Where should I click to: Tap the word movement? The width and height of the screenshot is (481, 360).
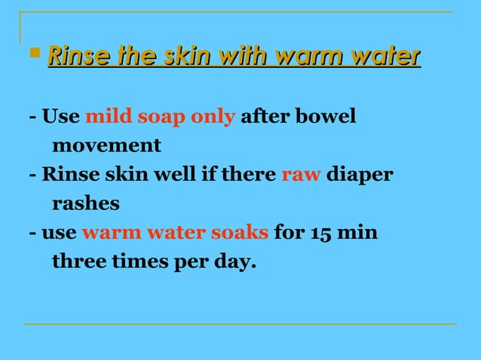point(106,145)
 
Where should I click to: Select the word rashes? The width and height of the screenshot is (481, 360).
point(85,204)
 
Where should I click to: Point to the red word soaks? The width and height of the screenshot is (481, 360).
point(238,233)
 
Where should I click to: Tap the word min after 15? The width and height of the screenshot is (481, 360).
point(358,233)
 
